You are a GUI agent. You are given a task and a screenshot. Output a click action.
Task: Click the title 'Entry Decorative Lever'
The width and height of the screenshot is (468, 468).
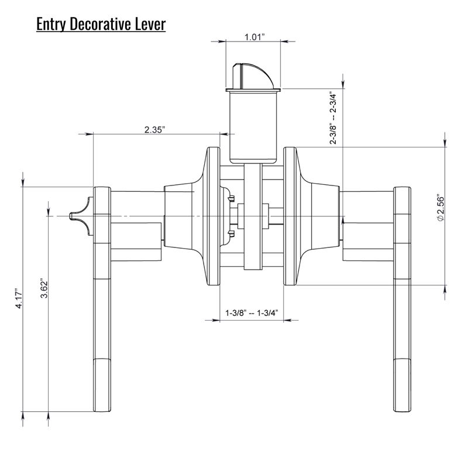[x=101, y=25]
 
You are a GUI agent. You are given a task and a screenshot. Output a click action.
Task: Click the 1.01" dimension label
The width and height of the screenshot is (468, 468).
[x=254, y=38]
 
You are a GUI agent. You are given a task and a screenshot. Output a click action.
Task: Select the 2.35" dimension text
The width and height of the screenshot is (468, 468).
[x=156, y=129]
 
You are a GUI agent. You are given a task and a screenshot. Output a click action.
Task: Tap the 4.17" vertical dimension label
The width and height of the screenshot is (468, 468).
[x=18, y=298]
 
